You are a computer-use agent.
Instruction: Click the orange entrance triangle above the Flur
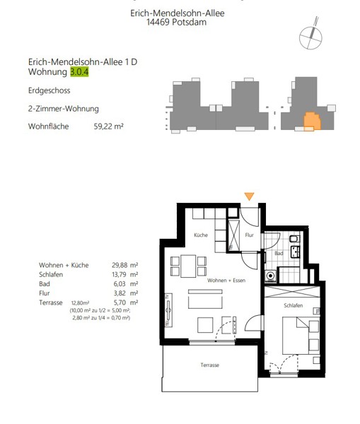click(249, 196)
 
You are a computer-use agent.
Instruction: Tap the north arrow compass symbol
click(310, 35)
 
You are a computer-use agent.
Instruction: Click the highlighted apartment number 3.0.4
click(79, 72)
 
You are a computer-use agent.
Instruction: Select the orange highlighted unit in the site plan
click(312, 121)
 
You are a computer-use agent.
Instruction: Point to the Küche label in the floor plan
click(201, 235)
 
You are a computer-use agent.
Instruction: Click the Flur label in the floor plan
click(249, 235)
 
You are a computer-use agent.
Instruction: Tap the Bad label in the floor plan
click(279, 254)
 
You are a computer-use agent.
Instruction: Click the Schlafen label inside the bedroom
click(293, 305)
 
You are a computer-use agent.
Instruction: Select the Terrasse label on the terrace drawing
click(210, 365)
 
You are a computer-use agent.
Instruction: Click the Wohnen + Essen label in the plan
click(226, 281)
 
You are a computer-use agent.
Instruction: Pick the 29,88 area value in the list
click(120, 265)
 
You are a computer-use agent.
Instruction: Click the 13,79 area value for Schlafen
click(119, 274)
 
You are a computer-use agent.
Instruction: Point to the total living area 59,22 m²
click(108, 126)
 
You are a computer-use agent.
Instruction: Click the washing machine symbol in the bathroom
click(270, 276)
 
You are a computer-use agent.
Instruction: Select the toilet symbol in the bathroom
click(294, 239)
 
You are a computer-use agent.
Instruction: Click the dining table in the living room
click(188, 266)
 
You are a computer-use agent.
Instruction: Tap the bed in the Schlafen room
click(301, 335)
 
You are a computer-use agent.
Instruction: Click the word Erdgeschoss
click(49, 90)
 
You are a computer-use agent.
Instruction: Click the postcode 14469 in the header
click(158, 22)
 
